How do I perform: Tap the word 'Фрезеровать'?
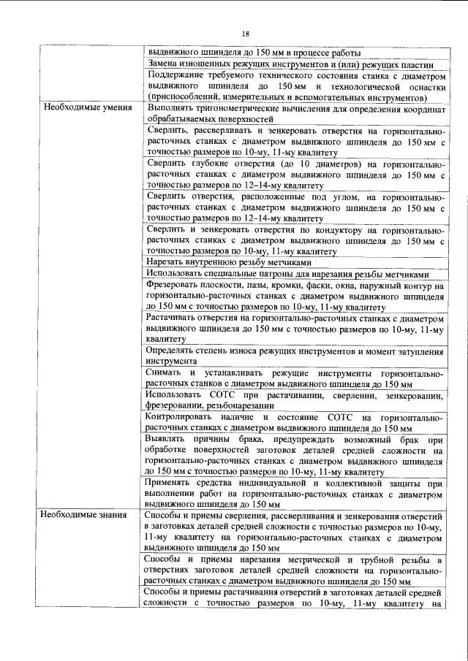tap(174, 286)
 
